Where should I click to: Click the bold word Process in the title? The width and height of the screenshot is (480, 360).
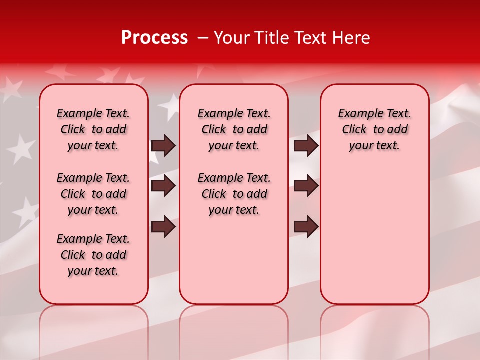pyautogui.click(x=154, y=38)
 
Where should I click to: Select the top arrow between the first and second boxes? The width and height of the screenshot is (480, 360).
pyautogui.click(x=163, y=145)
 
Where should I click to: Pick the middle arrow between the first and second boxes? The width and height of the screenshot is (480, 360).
pyautogui.click(x=163, y=186)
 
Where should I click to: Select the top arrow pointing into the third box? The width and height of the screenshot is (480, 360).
pyautogui.click(x=306, y=145)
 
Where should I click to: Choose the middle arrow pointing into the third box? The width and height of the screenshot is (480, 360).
pyautogui.click(x=306, y=186)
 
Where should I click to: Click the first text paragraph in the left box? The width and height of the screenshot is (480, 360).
pyautogui.click(x=93, y=129)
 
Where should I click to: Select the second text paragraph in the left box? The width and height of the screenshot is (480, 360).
pyautogui.click(x=93, y=194)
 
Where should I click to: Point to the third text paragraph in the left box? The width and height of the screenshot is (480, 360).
pyautogui.click(x=93, y=255)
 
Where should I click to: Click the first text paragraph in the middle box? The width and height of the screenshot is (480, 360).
pyautogui.click(x=234, y=129)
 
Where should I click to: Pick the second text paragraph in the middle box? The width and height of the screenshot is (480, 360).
pyautogui.click(x=234, y=194)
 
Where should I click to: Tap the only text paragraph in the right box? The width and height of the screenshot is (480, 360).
pyautogui.click(x=374, y=129)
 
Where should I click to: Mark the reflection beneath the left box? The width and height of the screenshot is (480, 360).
pyautogui.click(x=94, y=325)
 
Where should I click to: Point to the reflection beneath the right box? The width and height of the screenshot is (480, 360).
pyautogui.click(x=374, y=325)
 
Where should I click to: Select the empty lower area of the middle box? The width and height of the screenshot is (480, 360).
pyautogui.click(x=234, y=260)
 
